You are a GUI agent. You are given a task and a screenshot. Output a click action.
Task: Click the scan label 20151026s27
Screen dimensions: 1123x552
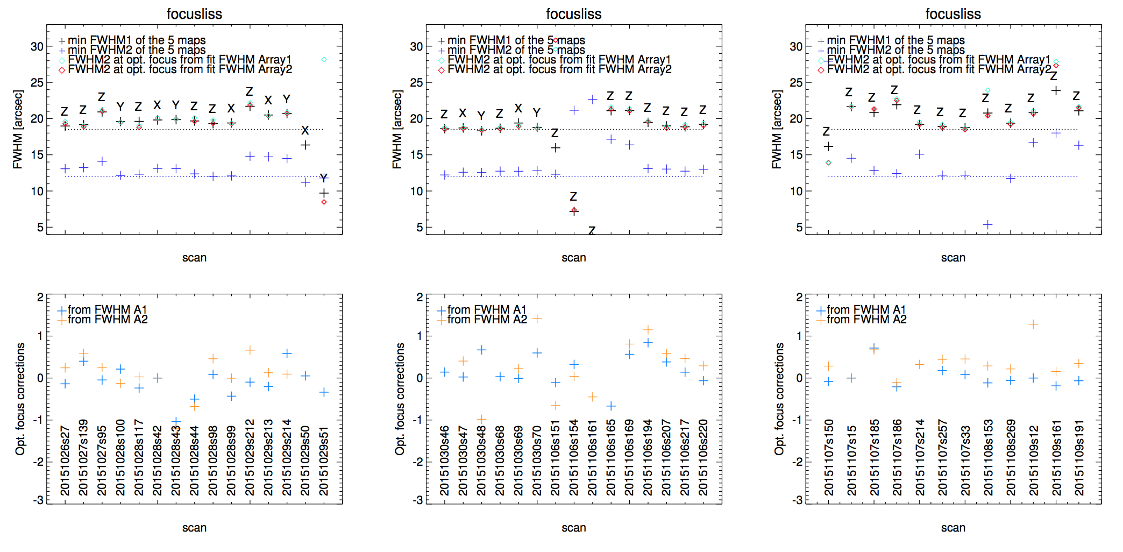click(x=65, y=461)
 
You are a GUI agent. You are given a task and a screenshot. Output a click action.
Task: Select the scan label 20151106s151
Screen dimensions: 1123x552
click(x=556, y=457)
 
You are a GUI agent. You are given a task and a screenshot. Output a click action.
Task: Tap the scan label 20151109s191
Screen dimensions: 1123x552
click(x=1079, y=457)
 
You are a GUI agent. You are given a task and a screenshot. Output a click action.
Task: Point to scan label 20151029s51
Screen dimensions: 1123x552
click(x=324, y=461)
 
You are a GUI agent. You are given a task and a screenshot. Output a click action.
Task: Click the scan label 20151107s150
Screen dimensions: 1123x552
click(x=828, y=457)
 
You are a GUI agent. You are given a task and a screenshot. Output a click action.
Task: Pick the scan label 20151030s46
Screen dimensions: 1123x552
click(x=444, y=461)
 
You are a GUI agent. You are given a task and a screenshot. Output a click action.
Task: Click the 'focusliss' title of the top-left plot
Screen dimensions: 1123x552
click(x=194, y=14)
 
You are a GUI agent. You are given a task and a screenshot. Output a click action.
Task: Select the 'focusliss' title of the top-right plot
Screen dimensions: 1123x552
click(x=953, y=14)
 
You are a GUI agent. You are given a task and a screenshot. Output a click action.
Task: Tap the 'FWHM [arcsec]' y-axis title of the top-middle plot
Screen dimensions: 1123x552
click(x=397, y=130)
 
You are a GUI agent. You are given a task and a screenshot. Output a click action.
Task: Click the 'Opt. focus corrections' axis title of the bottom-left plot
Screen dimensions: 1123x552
click(x=20, y=399)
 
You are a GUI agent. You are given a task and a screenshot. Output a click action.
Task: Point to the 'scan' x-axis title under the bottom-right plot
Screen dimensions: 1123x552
click(x=953, y=528)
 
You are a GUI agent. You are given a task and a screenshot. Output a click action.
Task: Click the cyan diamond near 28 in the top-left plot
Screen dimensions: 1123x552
click(x=324, y=59)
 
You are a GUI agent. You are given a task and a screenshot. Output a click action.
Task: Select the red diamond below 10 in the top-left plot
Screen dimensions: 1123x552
click(x=324, y=202)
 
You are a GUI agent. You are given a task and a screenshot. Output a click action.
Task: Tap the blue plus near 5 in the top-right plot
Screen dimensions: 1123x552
click(x=987, y=224)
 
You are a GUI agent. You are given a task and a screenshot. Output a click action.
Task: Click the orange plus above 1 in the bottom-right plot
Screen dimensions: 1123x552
click(x=1033, y=324)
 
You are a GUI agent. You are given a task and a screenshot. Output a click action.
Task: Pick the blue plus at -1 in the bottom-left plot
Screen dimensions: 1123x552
click(x=176, y=422)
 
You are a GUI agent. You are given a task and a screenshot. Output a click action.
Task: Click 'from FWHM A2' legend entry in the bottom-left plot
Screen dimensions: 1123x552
click(x=102, y=320)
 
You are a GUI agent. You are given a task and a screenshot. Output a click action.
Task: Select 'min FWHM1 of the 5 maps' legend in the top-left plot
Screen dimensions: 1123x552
click(x=132, y=40)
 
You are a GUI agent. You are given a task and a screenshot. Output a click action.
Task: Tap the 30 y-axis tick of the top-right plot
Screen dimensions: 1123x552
click(x=796, y=47)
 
